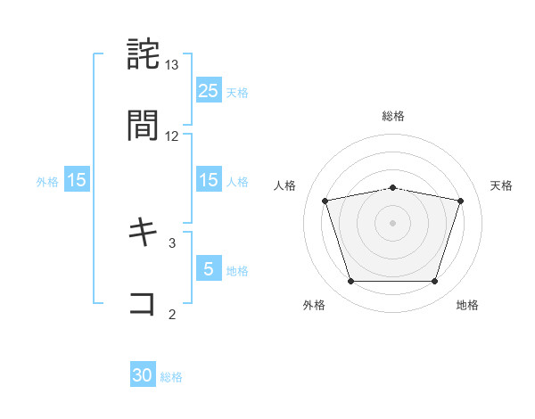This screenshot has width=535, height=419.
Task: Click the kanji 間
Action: coord(144,127)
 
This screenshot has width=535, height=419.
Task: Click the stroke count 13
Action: coord(172,65)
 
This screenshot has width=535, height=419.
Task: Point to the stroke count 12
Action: coord(172,136)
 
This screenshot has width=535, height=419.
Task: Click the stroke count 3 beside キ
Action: coord(172,242)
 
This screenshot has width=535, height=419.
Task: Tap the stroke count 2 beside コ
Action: coord(172,313)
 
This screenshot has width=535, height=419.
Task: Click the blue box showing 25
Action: coord(208,90)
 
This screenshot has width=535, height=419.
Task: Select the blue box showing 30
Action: coord(143,375)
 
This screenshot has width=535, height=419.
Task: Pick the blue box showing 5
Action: coord(208,268)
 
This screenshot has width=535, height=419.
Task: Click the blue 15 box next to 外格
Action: coord(77,180)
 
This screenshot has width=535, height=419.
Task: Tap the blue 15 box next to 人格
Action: coord(208,180)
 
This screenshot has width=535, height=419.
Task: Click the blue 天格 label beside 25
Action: coord(237,92)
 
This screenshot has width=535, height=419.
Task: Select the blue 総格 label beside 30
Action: coord(171,377)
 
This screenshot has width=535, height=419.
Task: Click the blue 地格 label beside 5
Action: coord(237,270)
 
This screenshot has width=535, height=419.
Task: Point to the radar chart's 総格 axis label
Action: coord(393,116)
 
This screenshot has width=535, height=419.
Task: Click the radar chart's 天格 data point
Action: coord(460,201)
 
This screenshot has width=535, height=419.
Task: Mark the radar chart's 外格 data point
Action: coord(350,282)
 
